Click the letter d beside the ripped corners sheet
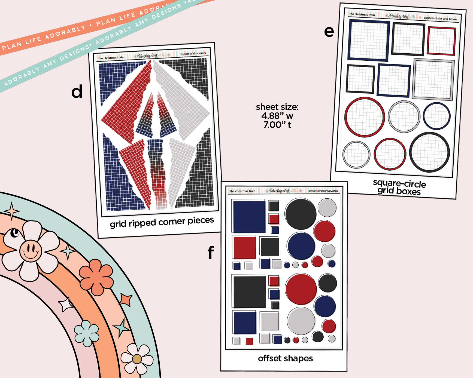point(77,92)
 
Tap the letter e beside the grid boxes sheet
point(329,32)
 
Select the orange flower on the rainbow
point(96,277)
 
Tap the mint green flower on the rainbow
point(87,333)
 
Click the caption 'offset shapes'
point(285,358)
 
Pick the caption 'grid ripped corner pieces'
point(162,222)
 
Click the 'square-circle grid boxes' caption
point(399,188)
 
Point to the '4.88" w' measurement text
point(277,116)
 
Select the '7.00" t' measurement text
point(277,125)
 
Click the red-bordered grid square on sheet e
point(441,41)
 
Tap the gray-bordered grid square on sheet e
point(433,79)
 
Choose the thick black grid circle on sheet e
point(429,152)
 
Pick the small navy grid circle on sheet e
point(436,116)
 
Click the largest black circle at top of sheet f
point(301,214)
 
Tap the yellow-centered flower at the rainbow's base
point(137,359)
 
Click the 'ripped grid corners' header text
point(193,54)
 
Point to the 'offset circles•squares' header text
point(323,191)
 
